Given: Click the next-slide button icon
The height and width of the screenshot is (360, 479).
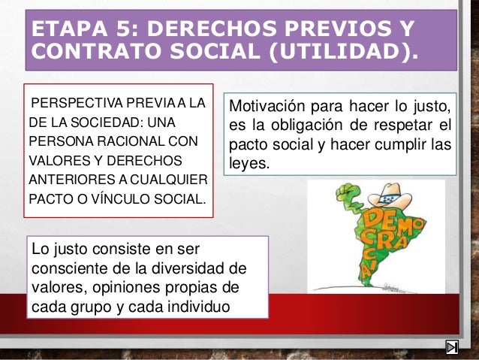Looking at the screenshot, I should click(452, 348).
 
